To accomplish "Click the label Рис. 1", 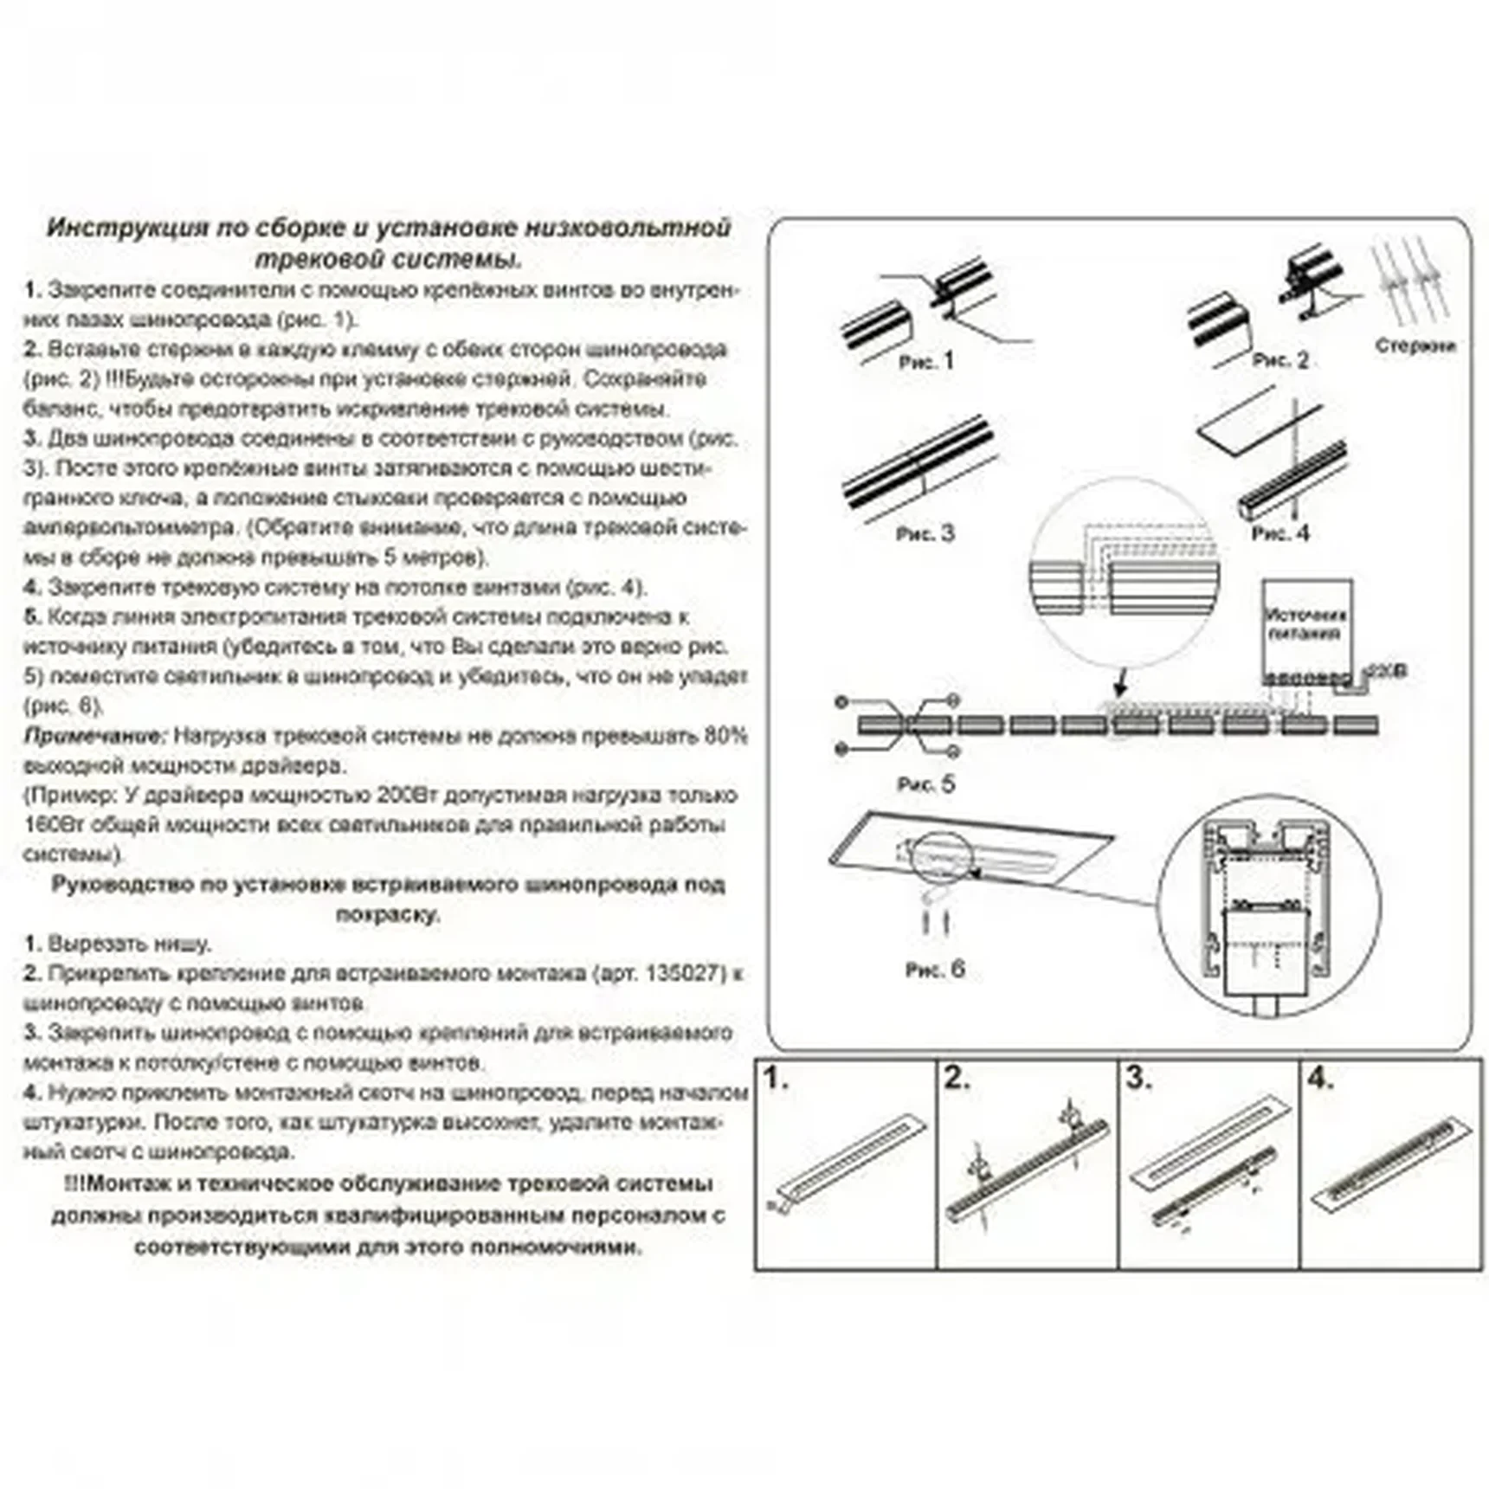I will pyautogui.click(x=925, y=362).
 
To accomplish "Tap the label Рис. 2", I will pyautogui.click(x=1280, y=360).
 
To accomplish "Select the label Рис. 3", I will pyautogui.click(x=925, y=533).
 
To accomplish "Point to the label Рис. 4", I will pyautogui.click(x=1280, y=533).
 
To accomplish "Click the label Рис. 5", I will pyautogui.click(x=925, y=784).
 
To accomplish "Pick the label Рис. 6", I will pyautogui.click(x=934, y=970).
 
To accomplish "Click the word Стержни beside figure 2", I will pyautogui.click(x=1415, y=345).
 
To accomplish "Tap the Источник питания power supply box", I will pyautogui.click(x=1306, y=625).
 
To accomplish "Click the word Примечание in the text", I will pyautogui.click(x=93, y=737).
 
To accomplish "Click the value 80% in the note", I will pyautogui.click(x=725, y=737).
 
